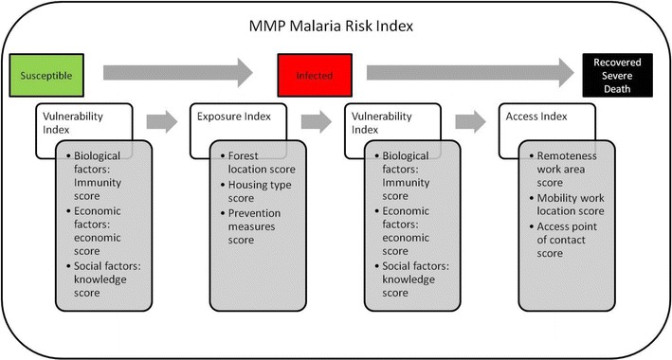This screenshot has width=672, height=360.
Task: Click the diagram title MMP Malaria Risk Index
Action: click(x=335, y=26)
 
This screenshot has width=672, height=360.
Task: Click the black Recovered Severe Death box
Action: click(x=618, y=74)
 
